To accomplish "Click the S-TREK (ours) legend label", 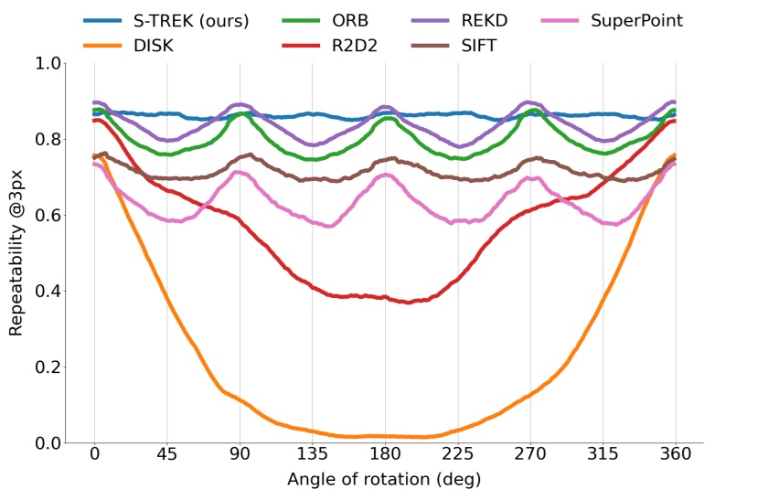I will tap(189, 20).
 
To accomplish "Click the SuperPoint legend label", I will tap(637, 20).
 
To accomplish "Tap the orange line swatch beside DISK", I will tap(102, 43).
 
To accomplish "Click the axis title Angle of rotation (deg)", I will tap(384, 480).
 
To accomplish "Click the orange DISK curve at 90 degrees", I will tap(240, 399).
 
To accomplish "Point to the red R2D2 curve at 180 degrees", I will tap(385, 296).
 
